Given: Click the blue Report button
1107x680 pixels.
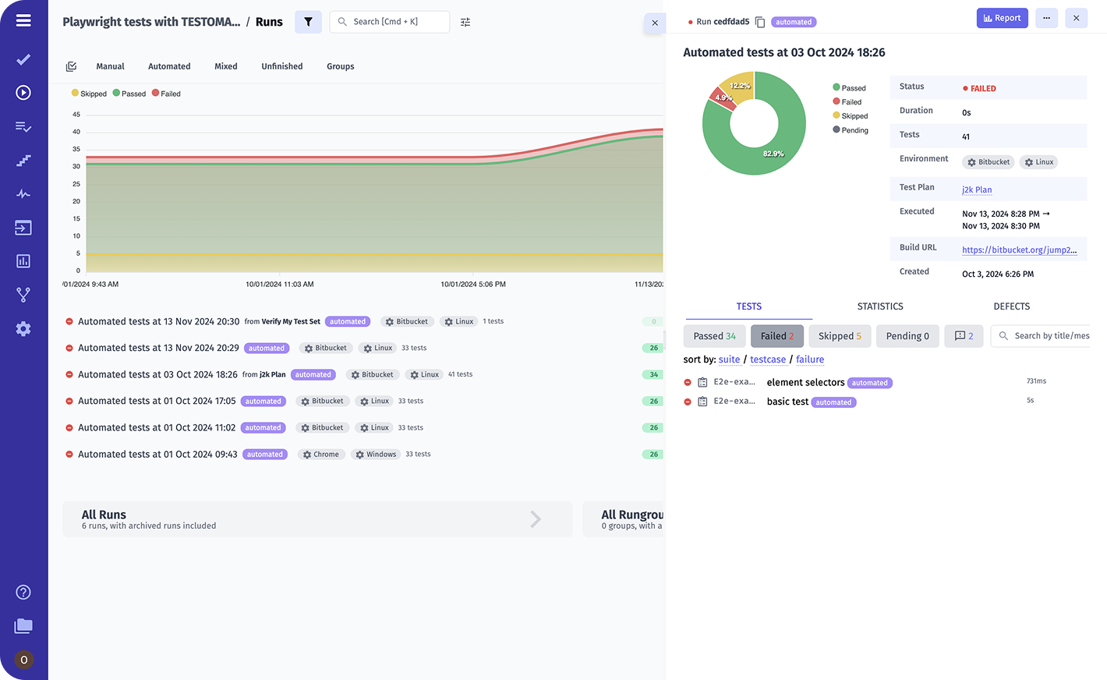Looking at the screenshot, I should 1002,18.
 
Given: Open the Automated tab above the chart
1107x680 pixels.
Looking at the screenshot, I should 169,66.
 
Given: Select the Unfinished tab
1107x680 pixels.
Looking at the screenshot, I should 281,66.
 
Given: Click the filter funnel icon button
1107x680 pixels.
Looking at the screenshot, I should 308,22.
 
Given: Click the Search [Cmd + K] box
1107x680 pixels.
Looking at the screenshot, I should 390,22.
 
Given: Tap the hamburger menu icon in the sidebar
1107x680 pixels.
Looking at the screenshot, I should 23,20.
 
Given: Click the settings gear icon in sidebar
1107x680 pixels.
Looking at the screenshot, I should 23,329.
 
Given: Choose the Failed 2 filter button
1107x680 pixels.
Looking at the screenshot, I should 776,336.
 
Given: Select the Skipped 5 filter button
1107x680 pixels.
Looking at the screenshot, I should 840,336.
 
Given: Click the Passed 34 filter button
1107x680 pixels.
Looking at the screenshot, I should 714,336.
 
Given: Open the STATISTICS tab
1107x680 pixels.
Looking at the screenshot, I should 880,306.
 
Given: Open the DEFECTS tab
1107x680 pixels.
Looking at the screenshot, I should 1011,306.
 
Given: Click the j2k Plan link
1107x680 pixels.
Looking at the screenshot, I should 977,189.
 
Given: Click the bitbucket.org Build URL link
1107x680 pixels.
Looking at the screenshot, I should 1019,250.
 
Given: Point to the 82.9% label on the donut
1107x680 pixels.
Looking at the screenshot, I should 773,154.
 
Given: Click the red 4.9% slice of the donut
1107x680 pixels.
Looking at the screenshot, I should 723,98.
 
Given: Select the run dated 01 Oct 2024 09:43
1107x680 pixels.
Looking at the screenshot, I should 157,454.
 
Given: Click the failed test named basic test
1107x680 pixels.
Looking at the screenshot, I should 787,402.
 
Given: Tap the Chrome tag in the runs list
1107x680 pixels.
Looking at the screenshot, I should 320,455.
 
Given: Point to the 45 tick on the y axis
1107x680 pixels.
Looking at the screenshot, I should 76,115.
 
